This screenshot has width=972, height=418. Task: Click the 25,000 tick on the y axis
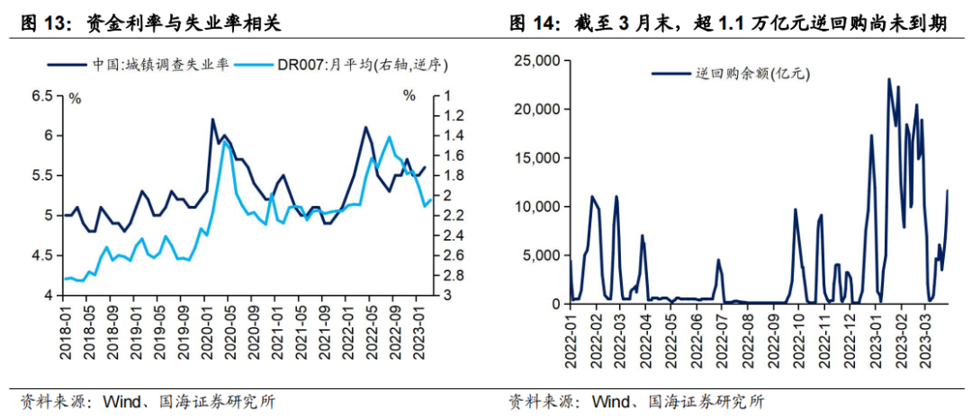tap(535, 60)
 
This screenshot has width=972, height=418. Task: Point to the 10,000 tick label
tap(535, 207)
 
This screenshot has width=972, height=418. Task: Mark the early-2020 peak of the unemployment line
tap(212, 119)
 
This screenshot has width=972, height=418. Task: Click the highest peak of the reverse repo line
tap(889, 79)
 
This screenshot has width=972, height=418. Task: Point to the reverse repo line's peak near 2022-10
tap(796, 209)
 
